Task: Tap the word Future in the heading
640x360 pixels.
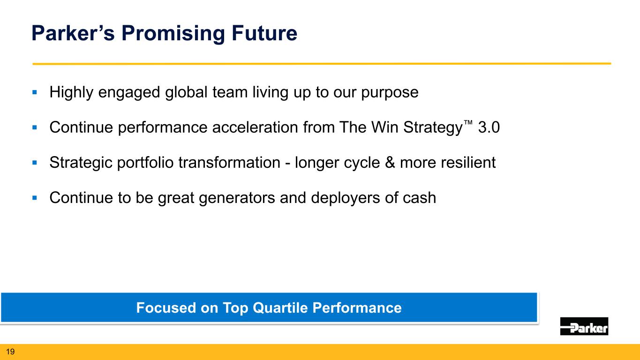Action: point(264,33)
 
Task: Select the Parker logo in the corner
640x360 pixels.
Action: point(584,326)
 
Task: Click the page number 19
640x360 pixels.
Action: point(10,352)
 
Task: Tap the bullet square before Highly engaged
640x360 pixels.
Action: point(35,92)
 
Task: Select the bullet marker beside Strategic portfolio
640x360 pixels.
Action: point(35,163)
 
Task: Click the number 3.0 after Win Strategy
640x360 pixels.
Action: point(489,127)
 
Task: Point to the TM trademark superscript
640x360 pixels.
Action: point(468,122)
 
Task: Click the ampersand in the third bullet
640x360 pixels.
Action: point(390,163)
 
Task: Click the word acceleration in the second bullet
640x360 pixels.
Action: point(255,127)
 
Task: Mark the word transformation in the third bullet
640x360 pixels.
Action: point(229,163)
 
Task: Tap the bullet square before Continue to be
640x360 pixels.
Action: point(35,198)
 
